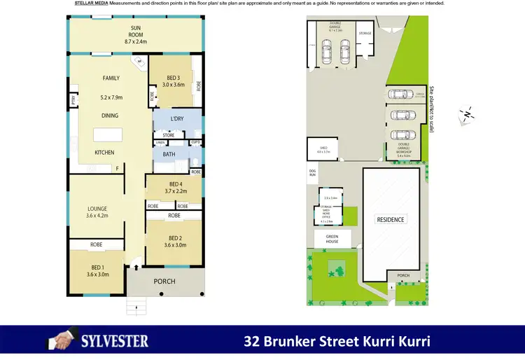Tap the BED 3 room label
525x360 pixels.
[174, 77]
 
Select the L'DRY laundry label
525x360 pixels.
[176, 119]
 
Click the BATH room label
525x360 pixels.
[169, 154]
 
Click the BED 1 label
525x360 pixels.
[97, 268]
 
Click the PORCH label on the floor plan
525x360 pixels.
[164, 282]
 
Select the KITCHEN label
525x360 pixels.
[104, 153]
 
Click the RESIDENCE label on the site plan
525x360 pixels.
[391, 219]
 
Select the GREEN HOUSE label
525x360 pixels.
[332, 239]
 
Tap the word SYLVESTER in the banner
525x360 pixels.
[113, 342]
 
